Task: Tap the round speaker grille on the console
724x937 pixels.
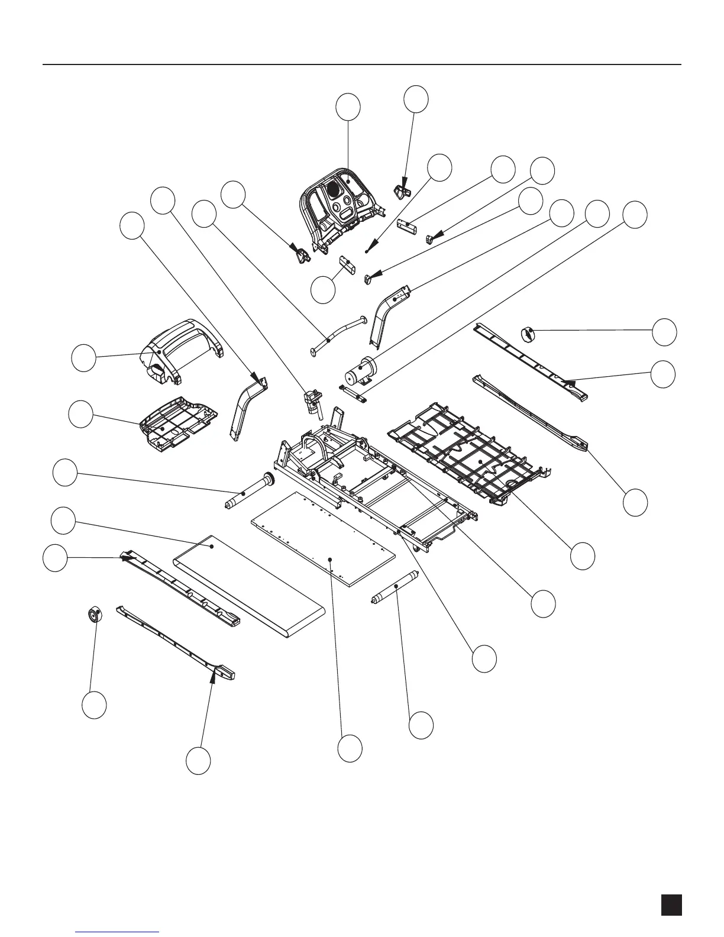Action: pos(334,190)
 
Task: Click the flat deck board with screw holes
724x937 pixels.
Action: pos(322,548)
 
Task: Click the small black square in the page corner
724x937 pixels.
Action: pos(671,905)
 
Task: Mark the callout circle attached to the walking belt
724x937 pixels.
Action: pos(63,520)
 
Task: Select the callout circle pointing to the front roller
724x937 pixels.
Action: pos(64,473)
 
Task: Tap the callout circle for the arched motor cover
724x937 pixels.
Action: pos(83,359)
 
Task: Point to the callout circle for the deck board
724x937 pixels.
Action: pos(350,748)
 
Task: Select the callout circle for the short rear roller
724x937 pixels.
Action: pos(421,725)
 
